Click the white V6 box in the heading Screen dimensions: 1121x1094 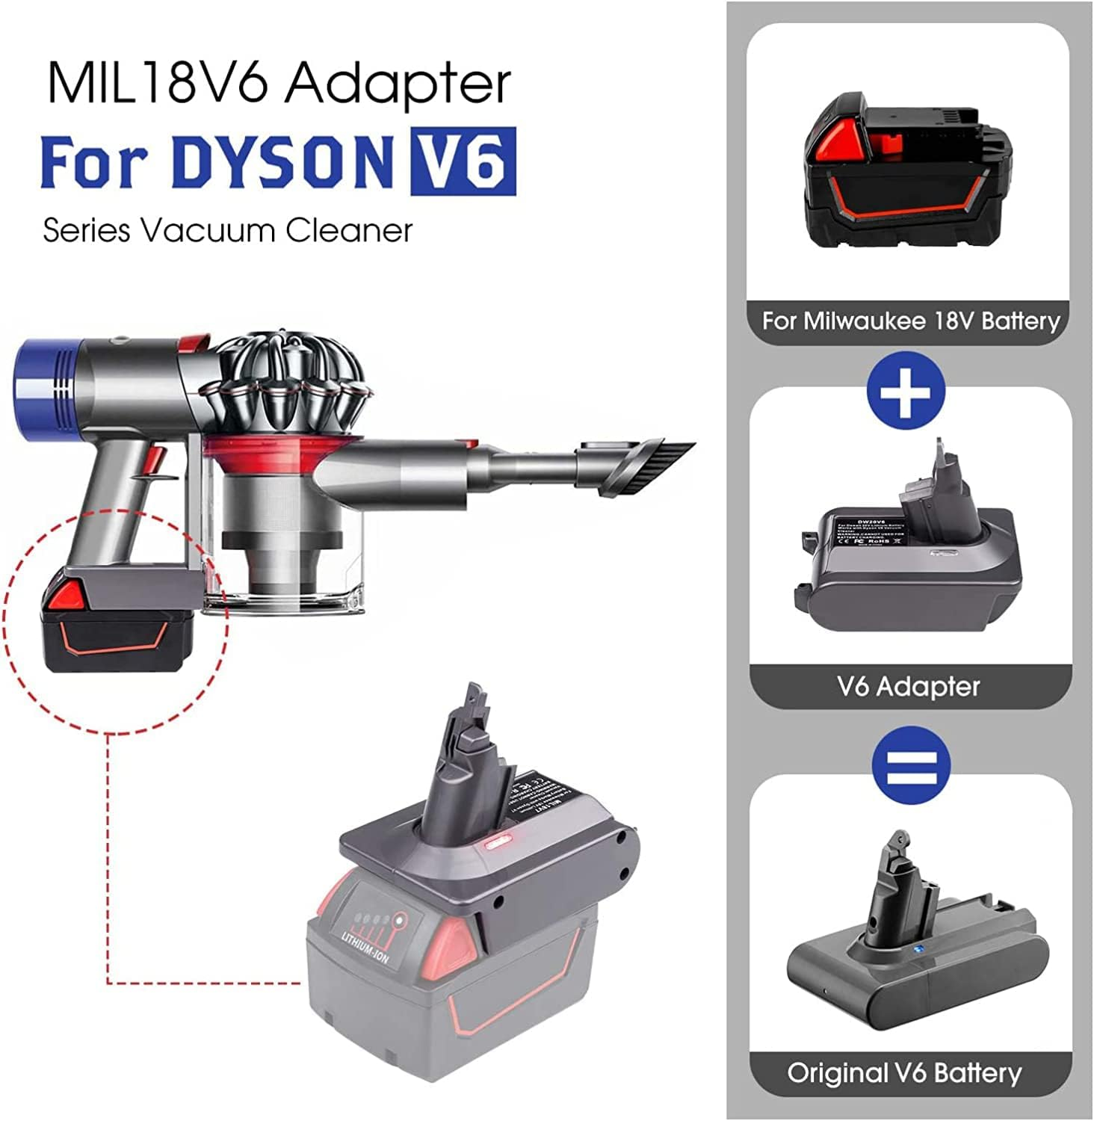[x=463, y=161]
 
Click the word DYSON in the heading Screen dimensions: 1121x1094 [x=282, y=161]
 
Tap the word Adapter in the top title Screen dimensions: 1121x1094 [x=398, y=84]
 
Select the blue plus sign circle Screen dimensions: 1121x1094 [x=906, y=391]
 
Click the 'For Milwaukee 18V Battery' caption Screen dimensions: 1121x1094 [x=910, y=321]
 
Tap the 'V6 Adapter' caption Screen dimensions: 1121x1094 [x=909, y=686]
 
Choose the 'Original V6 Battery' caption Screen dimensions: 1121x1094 [x=904, y=1073]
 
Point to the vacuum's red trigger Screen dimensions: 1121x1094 [x=156, y=457]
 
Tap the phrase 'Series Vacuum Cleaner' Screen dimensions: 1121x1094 [x=227, y=230]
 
